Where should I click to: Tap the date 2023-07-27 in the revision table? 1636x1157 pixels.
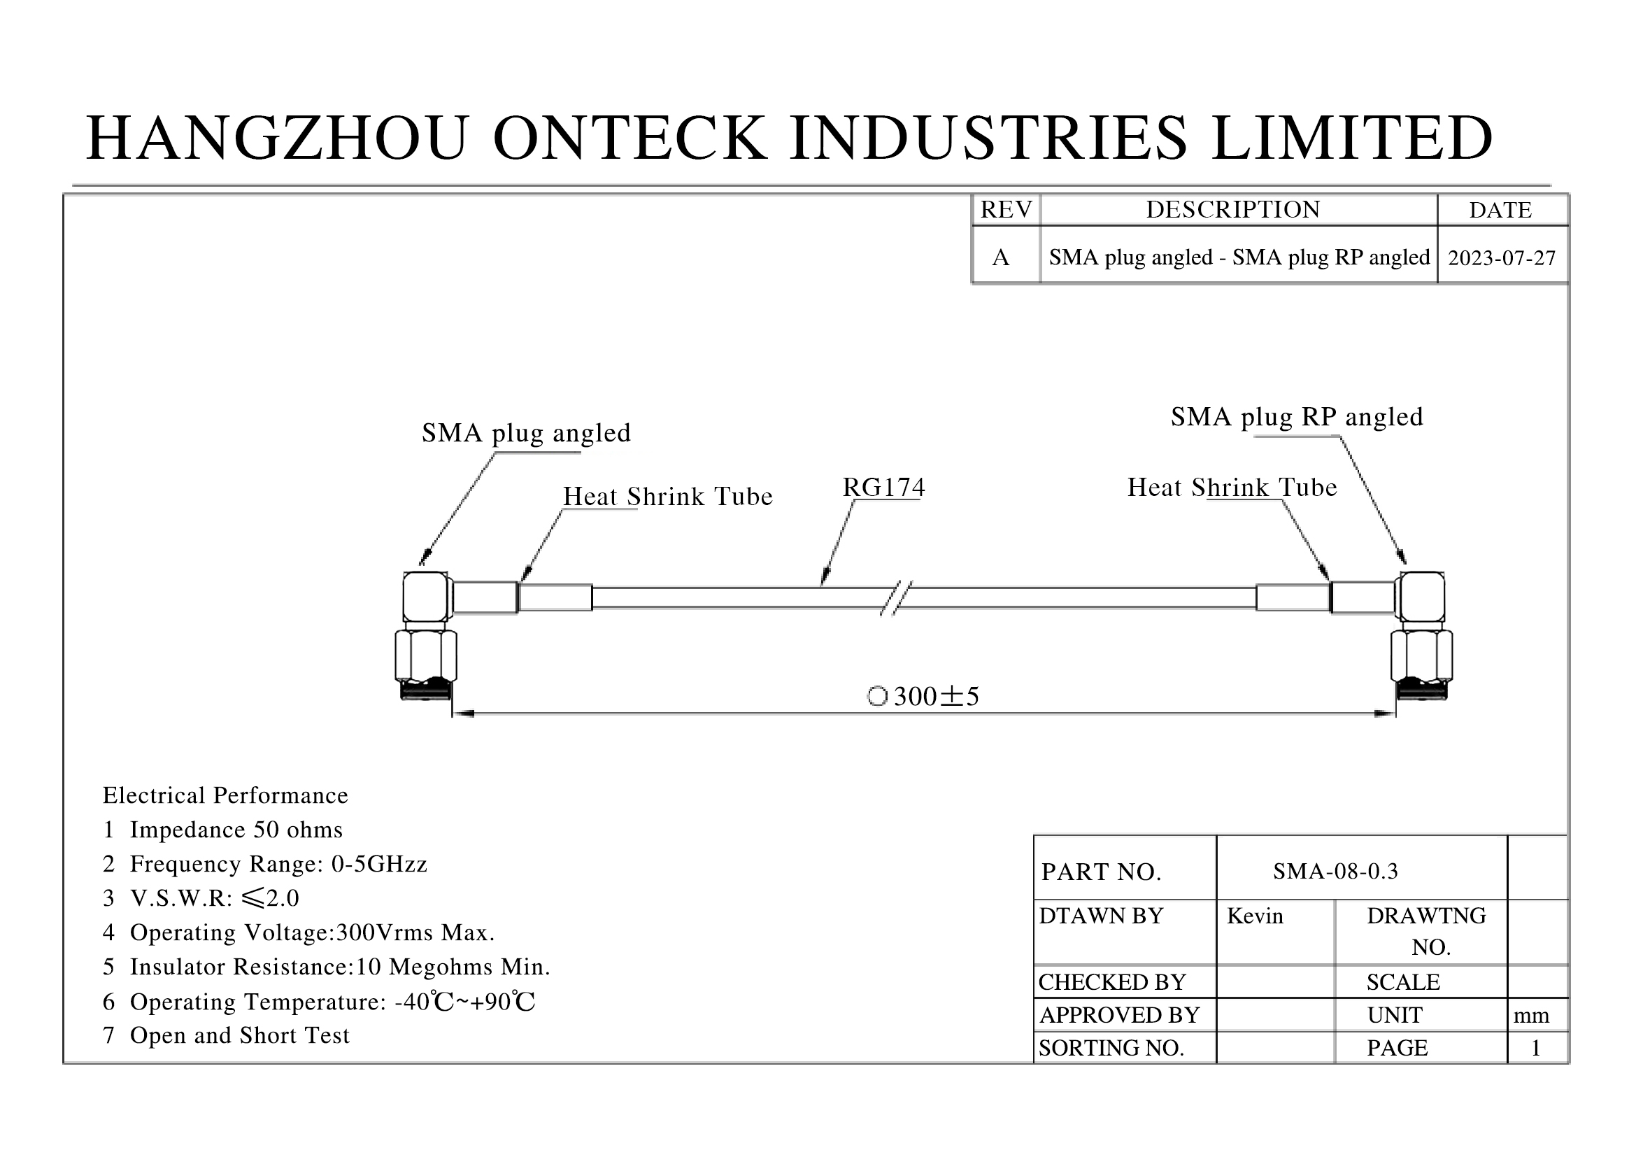click(1502, 257)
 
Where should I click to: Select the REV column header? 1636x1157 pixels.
click(1006, 209)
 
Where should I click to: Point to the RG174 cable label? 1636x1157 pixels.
click(883, 488)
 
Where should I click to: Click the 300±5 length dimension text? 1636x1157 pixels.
click(937, 696)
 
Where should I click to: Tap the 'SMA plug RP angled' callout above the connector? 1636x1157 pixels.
click(1297, 417)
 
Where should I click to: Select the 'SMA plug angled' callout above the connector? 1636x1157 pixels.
click(527, 433)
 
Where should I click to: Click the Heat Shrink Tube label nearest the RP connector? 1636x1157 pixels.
click(1232, 488)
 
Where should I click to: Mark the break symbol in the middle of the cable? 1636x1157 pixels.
click(897, 597)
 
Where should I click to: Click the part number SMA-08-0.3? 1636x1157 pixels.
click(1335, 871)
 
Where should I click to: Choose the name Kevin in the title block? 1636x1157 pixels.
click(1255, 916)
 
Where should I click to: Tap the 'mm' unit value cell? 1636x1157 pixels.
click(1531, 1015)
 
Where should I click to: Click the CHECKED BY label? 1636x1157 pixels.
click(1111, 981)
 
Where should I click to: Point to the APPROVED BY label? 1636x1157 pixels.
click(1119, 1014)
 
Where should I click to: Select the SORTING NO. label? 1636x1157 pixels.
click(1111, 1047)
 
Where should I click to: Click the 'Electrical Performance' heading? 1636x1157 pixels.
click(225, 795)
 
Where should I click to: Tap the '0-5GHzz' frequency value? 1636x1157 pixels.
click(379, 863)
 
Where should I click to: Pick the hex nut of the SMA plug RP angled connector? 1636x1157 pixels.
click(1421, 655)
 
